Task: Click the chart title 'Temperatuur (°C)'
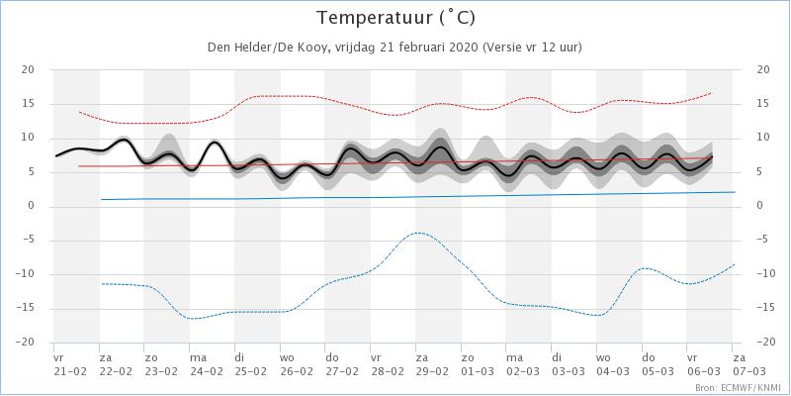click(395, 18)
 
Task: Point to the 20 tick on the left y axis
click(29, 69)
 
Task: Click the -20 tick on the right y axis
click(762, 343)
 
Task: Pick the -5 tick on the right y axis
click(762, 240)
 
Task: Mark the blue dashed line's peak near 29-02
click(420, 233)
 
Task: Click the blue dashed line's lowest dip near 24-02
click(194, 319)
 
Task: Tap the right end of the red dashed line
click(712, 93)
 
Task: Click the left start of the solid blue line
click(102, 199)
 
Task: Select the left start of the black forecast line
click(57, 155)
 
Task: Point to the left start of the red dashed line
click(80, 112)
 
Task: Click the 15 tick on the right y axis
click(762, 104)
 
